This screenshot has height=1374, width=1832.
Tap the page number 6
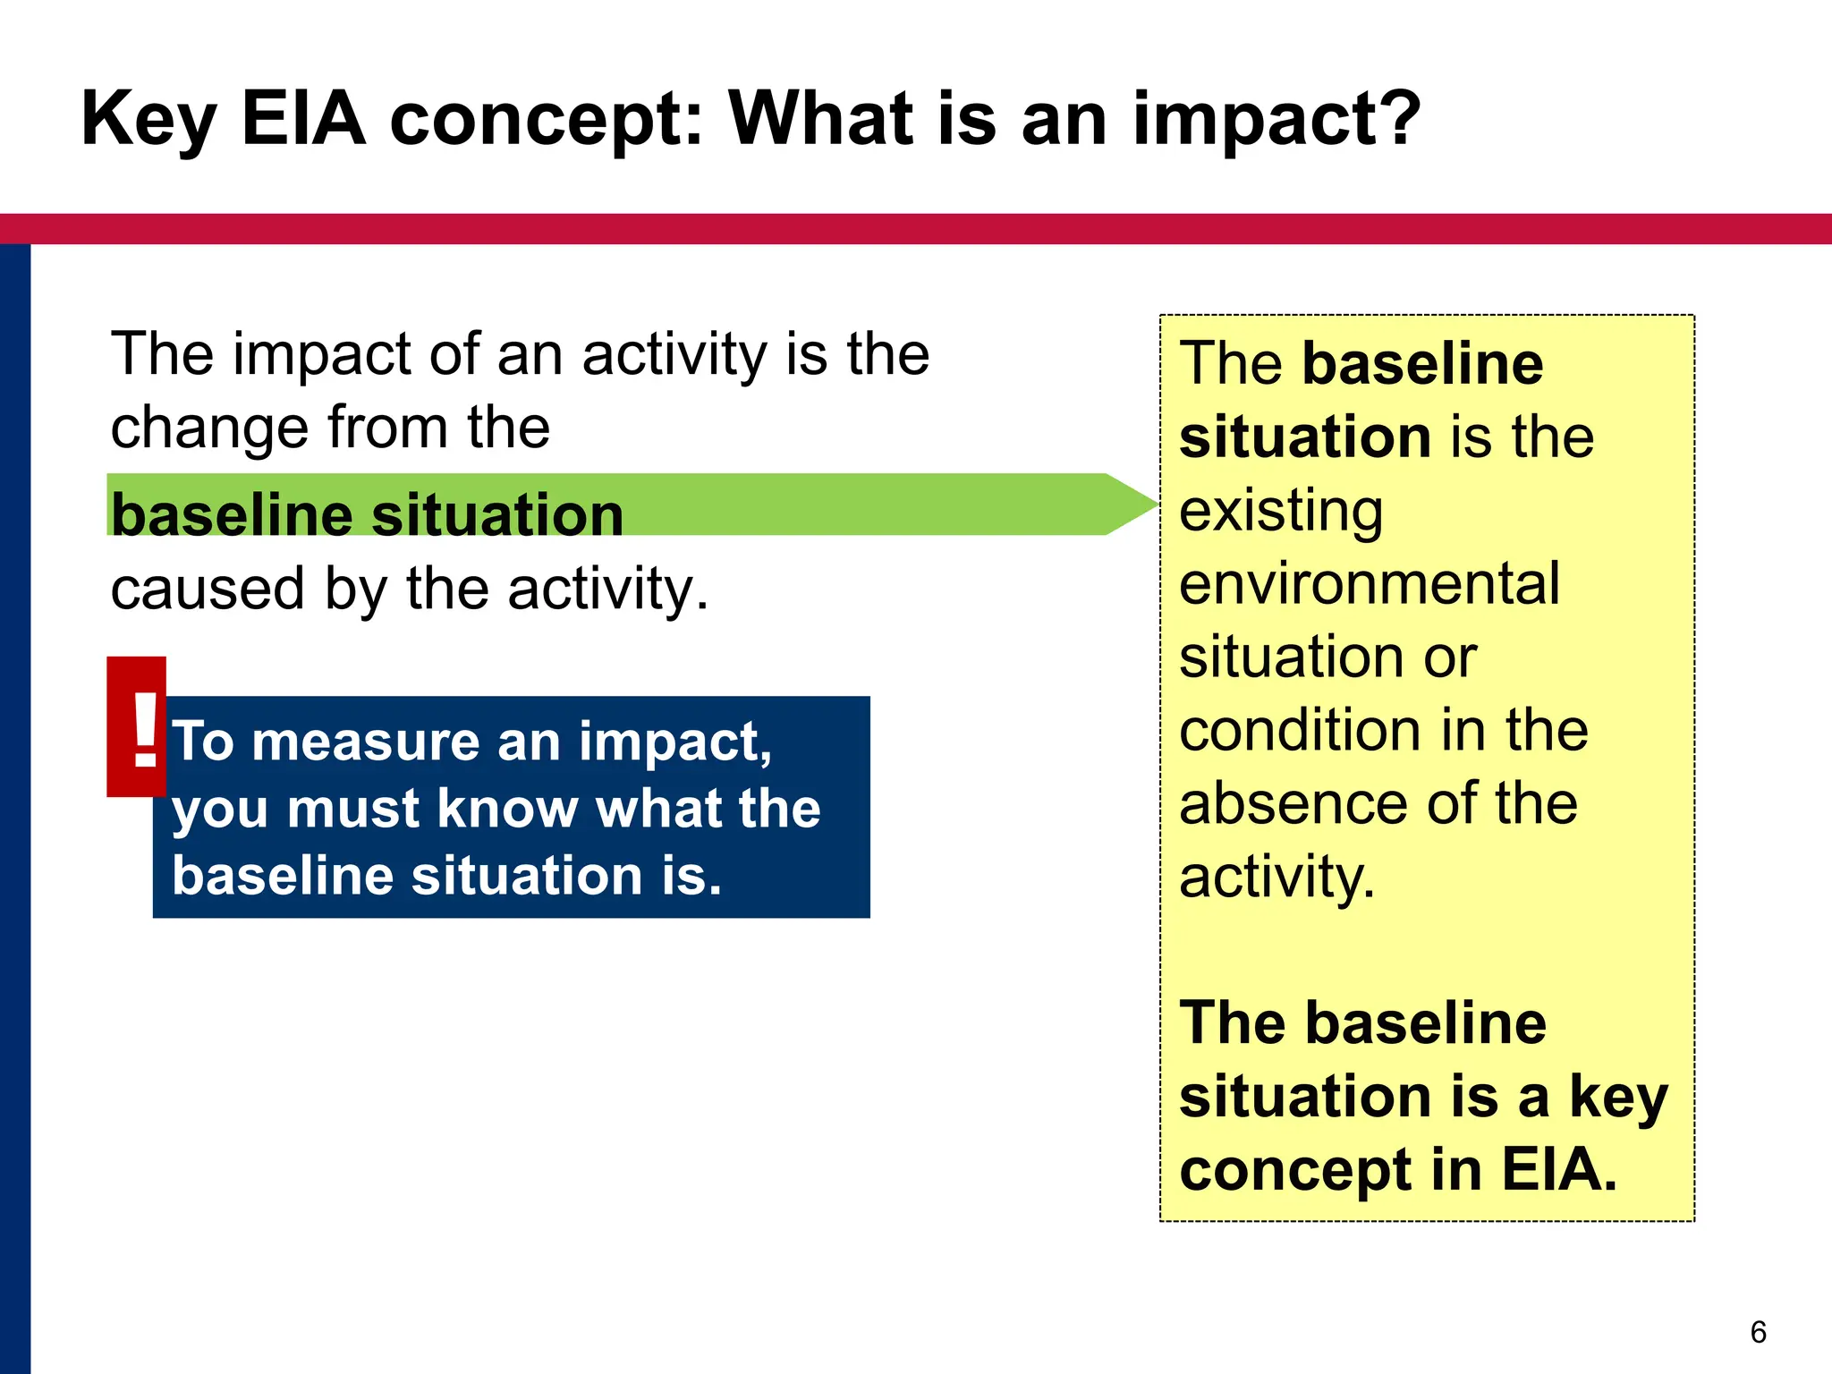click(1758, 1332)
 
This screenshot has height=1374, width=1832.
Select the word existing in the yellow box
click(1280, 511)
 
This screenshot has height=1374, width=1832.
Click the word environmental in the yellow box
click(1369, 584)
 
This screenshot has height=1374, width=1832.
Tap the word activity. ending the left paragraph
click(607, 589)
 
